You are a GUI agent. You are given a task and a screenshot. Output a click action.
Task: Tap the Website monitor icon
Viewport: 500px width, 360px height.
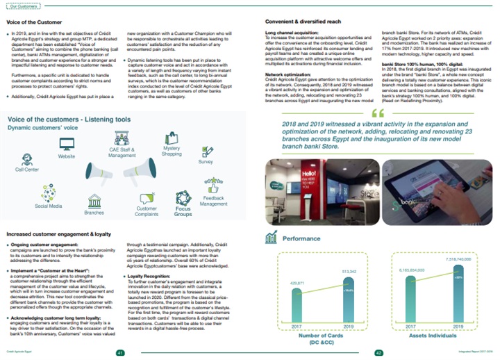pyautogui.click(x=67, y=145)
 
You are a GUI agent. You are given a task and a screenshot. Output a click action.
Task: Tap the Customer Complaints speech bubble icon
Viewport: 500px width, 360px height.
pyautogui.click(x=147, y=197)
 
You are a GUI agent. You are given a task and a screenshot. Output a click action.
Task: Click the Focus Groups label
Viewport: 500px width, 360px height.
pyautogui.click(x=183, y=211)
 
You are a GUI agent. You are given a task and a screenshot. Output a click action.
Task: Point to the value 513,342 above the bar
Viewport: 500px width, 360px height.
pyautogui.click(x=349, y=252)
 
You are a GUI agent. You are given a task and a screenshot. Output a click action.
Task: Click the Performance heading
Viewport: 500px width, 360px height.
pyautogui.click(x=301, y=238)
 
